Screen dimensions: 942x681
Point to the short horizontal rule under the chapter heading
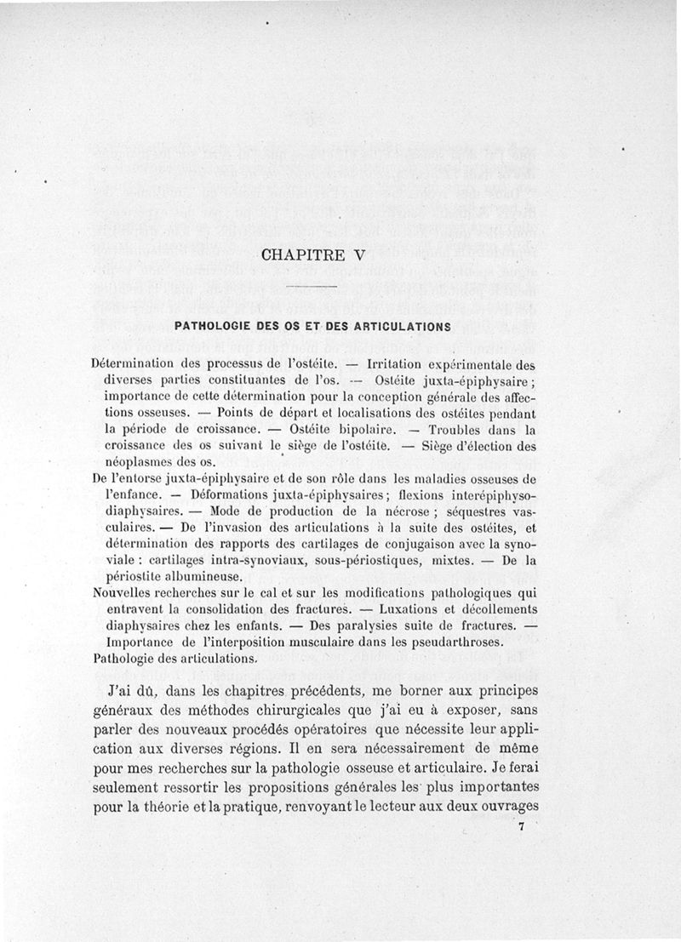315,291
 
